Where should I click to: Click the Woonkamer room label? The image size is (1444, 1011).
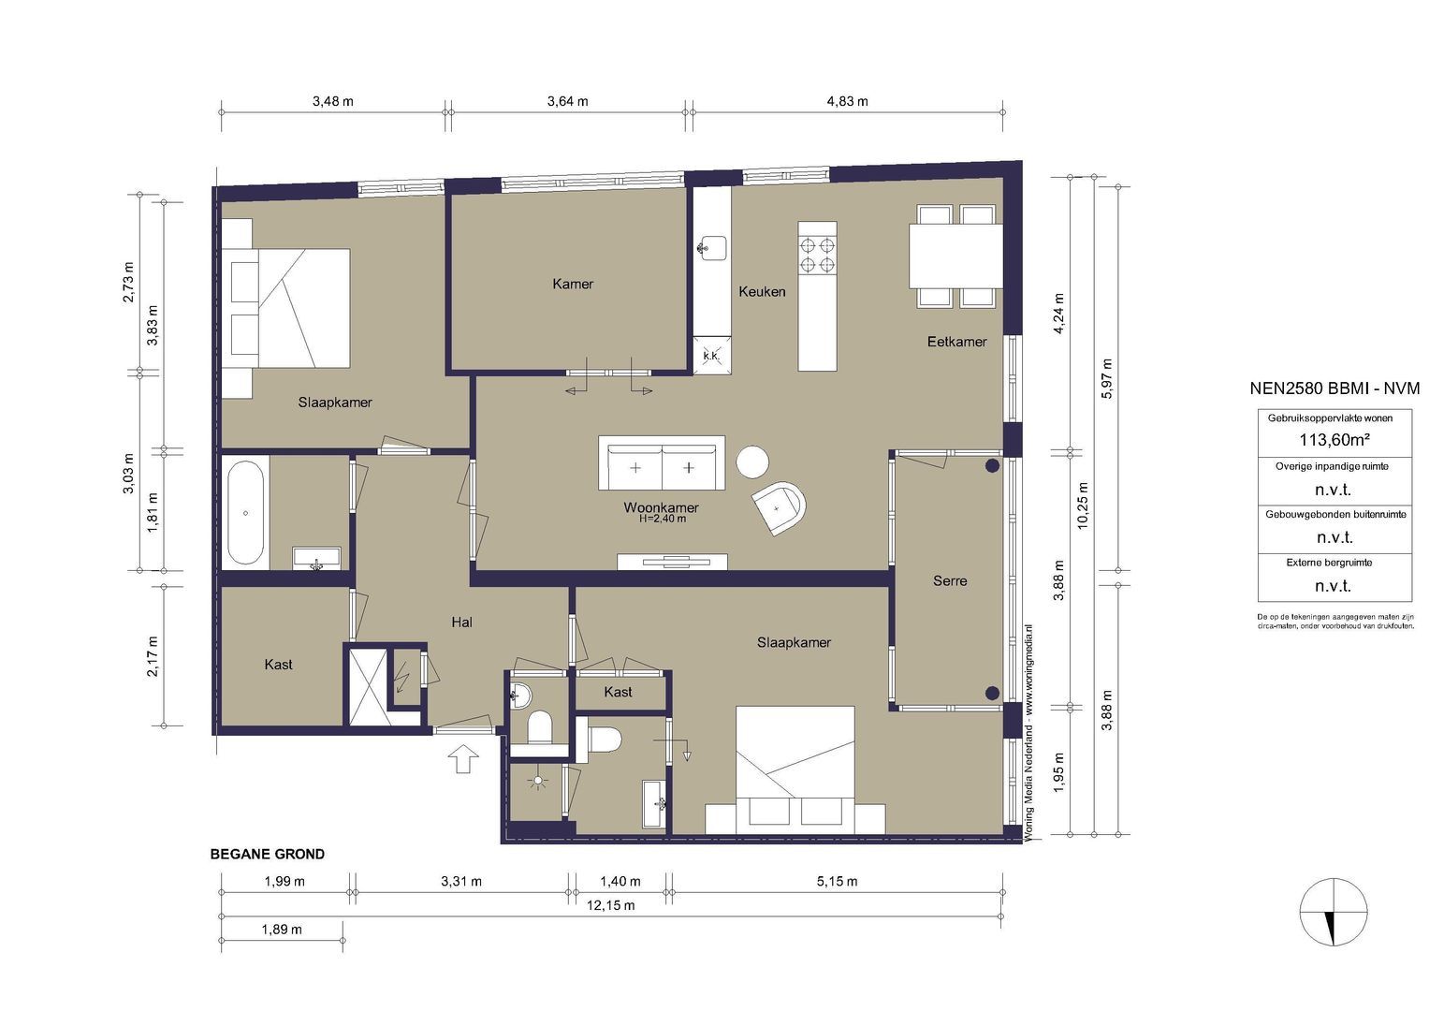pyautogui.click(x=661, y=507)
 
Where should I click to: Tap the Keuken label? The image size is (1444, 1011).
pyautogui.click(x=762, y=291)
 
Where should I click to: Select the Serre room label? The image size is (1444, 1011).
pyautogui.click(x=950, y=581)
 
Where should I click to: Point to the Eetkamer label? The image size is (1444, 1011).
pyautogui.click(x=956, y=342)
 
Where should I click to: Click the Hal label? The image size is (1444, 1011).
pyautogui.click(x=461, y=623)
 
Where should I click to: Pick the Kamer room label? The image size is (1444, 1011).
pyautogui.click(x=573, y=284)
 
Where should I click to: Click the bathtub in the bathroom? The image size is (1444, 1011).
pyautogui.click(x=245, y=513)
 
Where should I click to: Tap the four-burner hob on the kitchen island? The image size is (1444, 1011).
pyautogui.click(x=817, y=256)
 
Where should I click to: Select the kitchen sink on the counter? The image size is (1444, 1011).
pyautogui.click(x=711, y=247)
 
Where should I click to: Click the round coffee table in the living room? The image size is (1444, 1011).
pyautogui.click(x=752, y=462)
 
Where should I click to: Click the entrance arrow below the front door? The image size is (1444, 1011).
pyautogui.click(x=463, y=758)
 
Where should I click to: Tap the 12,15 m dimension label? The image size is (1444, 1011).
pyautogui.click(x=610, y=905)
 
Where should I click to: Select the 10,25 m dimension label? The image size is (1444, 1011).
pyautogui.click(x=1083, y=506)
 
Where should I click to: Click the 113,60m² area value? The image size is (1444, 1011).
pyautogui.click(x=1334, y=440)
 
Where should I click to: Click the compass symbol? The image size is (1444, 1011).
pyautogui.click(x=1334, y=913)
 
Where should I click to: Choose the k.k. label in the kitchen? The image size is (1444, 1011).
pyautogui.click(x=711, y=356)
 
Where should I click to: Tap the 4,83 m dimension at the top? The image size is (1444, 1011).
pyautogui.click(x=847, y=101)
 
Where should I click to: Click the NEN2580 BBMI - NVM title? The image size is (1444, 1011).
pyautogui.click(x=1335, y=388)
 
